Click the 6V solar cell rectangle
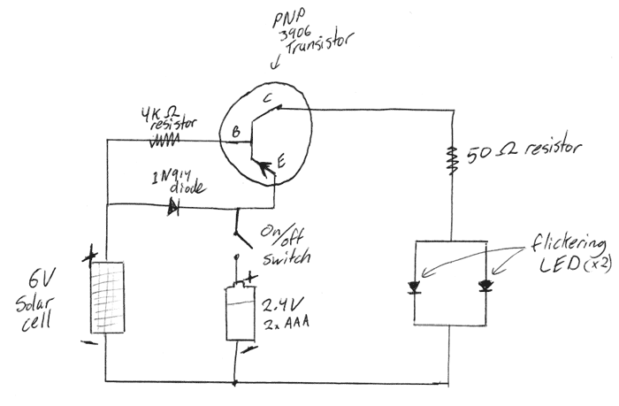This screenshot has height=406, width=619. pyautogui.click(x=107, y=297)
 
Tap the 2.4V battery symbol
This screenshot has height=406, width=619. pyautogui.click(x=241, y=312)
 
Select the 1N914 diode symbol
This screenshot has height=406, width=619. pyautogui.click(x=173, y=207)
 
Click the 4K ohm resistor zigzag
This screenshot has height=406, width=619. pyautogui.click(x=164, y=140)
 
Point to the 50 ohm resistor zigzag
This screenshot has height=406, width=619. pyautogui.click(x=453, y=159)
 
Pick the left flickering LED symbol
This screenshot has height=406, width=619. pyautogui.click(x=415, y=287)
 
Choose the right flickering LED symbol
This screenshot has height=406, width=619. pyautogui.click(x=485, y=286)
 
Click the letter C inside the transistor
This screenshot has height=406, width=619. pyautogui.click(x=268, y=98)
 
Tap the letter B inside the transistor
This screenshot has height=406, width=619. pyautogui.click(x=236, y=132)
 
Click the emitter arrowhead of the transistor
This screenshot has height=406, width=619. pyautogui.click(x=265, y=167)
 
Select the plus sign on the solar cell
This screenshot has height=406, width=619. pyautogui.click(x=90, y=256)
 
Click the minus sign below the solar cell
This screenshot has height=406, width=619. pyautogui.click(x=88, y=342)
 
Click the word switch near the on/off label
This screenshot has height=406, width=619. pyautogui.click(x=287, y=258)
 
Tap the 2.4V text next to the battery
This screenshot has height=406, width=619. pyautogui.click(x=283, y=305)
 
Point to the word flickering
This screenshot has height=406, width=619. pyautogui.click(x=568, y=243)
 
